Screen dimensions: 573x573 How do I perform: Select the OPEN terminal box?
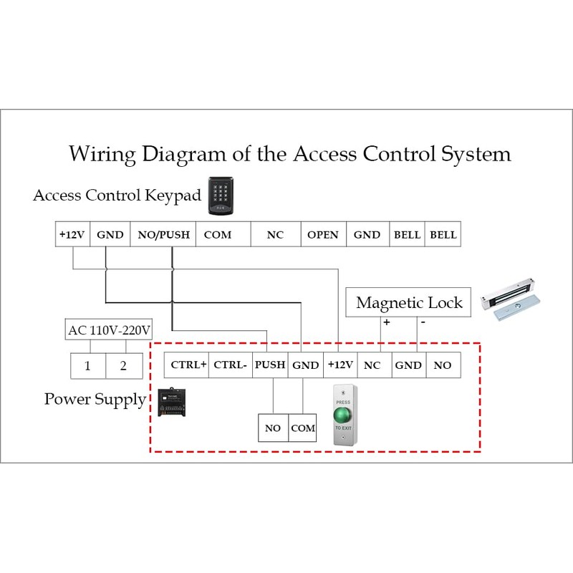322,235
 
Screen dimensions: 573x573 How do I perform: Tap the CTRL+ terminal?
188,365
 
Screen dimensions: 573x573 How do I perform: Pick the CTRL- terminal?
231,365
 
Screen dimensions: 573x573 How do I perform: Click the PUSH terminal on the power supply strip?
270,365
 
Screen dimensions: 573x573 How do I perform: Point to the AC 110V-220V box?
110,330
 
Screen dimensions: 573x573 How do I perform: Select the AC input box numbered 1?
87,366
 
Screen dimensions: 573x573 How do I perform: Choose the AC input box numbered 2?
123,366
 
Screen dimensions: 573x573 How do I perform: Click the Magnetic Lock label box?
409,302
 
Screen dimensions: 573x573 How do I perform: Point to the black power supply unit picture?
174,403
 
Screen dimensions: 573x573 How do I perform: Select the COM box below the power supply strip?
303,428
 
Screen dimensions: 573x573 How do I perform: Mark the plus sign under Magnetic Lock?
386,323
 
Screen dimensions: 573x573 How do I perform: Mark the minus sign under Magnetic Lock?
423,323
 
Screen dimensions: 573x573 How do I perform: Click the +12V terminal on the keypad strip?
72,235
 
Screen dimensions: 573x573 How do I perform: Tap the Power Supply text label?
95,399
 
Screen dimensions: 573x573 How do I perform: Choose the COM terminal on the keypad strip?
218,235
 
